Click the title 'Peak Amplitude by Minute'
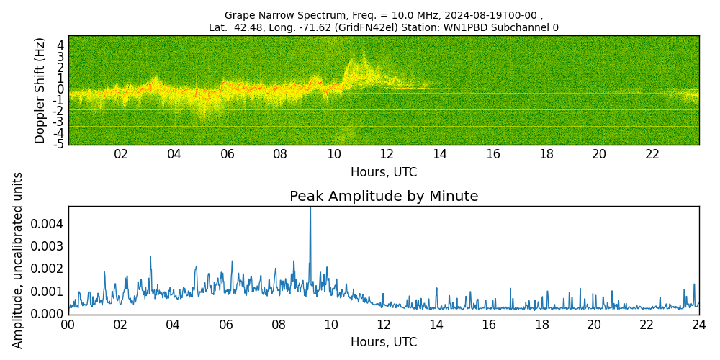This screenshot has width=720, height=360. click(384, 197)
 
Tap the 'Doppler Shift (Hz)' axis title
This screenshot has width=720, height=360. click(40, 90)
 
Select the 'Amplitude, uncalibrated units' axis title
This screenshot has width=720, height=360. click(19, 260)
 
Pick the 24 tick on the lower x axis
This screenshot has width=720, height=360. click(698, 325)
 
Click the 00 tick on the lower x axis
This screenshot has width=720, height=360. click(68, 325)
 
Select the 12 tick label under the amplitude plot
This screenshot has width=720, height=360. click(384, 325)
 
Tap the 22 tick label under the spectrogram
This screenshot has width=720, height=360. click(652, 154)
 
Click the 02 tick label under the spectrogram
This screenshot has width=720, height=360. click(121, 154)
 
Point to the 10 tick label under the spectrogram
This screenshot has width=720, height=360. click(333, 154)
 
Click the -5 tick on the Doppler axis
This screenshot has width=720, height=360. click(60, 144)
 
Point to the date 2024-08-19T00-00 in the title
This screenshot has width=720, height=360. click(489, 15)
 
